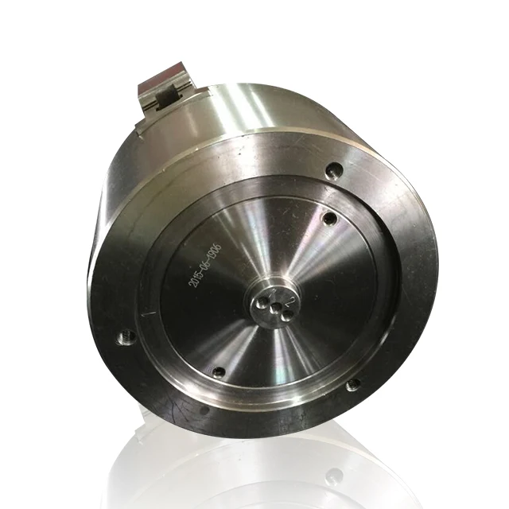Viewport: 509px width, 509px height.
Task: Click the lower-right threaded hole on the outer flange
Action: click(352, 385)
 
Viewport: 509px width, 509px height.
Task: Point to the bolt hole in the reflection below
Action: click(334, 476)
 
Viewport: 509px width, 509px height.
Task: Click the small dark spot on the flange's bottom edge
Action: click(204, 411)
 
